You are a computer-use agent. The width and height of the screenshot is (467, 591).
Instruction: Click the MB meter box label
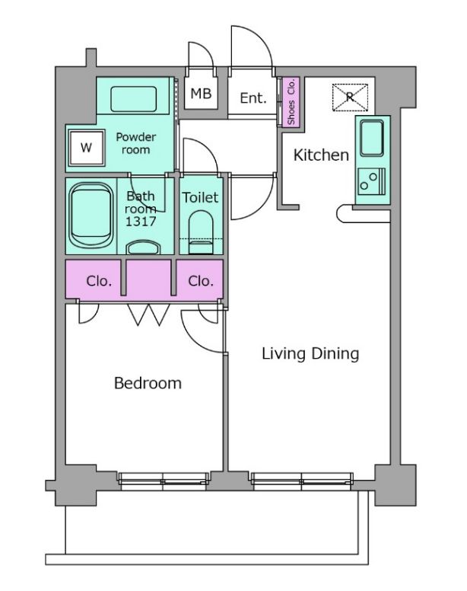point(201,94)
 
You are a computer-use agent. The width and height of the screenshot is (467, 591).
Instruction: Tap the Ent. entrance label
point(253,98)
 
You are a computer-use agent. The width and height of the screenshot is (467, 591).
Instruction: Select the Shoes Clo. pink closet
point(291,102)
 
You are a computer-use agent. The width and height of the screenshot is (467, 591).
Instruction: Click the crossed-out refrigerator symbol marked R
point(350,97)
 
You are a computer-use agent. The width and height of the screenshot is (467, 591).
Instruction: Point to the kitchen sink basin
point(372,138)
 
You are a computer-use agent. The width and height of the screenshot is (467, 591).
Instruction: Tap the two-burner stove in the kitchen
point(372,181)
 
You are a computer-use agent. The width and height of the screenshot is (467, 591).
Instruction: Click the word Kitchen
point(321,155)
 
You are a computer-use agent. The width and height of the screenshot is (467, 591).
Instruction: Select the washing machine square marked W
point(86,148)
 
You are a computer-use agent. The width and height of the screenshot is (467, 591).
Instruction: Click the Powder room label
point(136,143)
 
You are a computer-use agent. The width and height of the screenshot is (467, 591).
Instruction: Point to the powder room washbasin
point(134,99)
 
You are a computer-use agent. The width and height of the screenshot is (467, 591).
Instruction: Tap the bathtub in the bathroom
point(91,216)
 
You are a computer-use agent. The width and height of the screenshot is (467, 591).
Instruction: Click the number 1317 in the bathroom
point(141,222)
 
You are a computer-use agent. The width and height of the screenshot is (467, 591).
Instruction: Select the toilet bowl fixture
point(201,232)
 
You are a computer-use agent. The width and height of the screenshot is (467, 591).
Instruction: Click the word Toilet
point(200,197)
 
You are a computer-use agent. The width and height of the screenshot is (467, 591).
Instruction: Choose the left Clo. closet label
point(99,281)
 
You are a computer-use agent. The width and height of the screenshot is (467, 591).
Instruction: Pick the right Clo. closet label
point(201,281)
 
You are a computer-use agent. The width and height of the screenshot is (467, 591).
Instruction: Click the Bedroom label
point(148,383)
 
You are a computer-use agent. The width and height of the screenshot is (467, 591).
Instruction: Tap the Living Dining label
point(310,353)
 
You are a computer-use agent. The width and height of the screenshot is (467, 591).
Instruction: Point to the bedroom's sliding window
point(164,481)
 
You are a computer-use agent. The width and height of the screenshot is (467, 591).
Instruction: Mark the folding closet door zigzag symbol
point(148,315)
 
